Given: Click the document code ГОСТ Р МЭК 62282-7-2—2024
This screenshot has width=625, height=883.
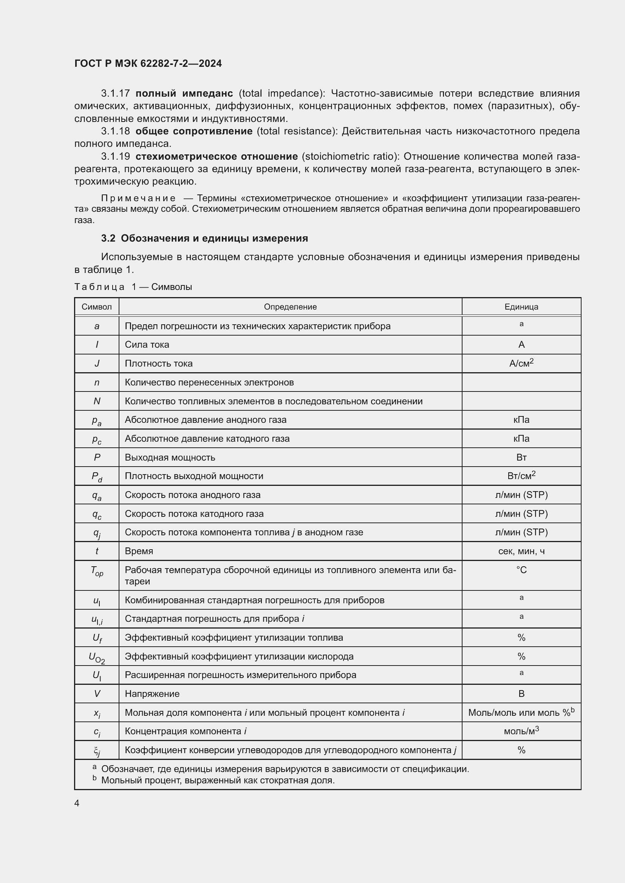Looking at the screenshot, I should (x=148, y=63).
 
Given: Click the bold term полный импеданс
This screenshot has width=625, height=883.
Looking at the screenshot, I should (x=184, y=94).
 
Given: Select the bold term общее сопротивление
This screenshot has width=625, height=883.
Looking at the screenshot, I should (x=194, y=131).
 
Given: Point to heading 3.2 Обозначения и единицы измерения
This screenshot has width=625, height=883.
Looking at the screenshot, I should (x=204, y=239).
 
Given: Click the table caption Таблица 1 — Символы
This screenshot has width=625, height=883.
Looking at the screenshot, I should (x=133, y=287).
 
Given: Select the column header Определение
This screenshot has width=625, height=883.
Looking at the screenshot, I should (x=290, y=307).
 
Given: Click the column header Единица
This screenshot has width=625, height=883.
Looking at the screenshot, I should (x=521, y=307).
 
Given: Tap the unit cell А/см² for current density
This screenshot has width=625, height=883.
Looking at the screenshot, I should (x=521, y=364).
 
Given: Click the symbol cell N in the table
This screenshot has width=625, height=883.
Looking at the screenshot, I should (x=97, y=401).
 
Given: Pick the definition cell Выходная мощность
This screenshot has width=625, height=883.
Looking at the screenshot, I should (x=170, y=458).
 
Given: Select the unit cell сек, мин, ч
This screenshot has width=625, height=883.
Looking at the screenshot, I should (x=521, y=551).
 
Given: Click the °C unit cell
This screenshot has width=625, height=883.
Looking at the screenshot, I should (x=521, y=570).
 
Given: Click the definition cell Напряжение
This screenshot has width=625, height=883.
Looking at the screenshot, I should (x=152, y=694).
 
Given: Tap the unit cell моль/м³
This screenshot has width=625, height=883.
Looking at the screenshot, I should (x=521, y=731).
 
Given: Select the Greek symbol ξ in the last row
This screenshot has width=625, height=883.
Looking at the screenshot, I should (x=97, y=750).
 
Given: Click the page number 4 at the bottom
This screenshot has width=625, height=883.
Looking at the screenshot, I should (x=77, y=803).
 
